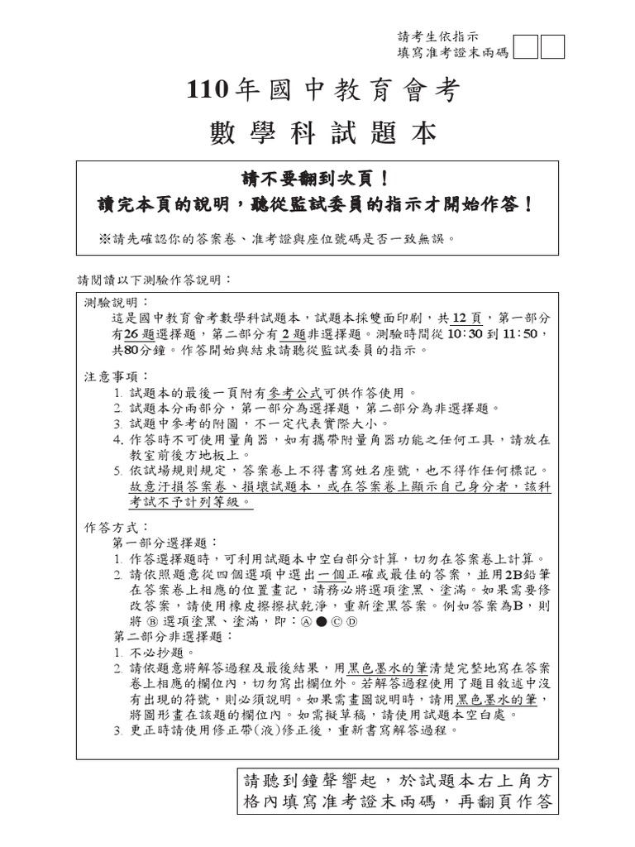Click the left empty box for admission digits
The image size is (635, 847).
(x=526, y=48)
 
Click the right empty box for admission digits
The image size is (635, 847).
(x=552, y=48)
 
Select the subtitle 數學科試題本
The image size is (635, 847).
(x=323, y=132)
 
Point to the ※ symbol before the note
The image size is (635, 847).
(x=104, y=239)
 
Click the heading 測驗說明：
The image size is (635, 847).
(x=112, y=302)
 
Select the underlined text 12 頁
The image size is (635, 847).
(x=468, y=318)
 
